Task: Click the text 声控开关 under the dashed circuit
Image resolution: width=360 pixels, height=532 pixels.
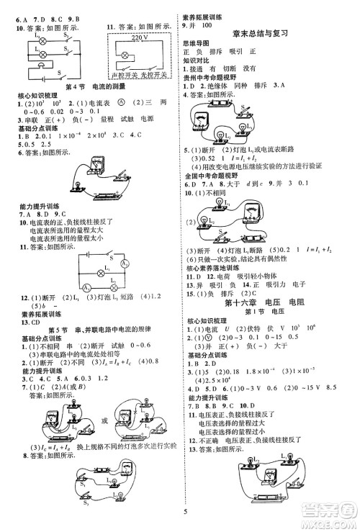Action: pyautogui.click(x=120, y=75)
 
